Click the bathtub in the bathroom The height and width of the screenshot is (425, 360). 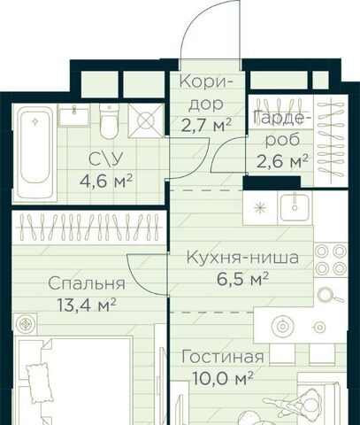click(x=34, y=154)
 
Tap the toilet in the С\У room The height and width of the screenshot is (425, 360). click(x=109, y=121)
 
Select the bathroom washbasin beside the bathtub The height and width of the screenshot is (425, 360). click(x=74, y=115)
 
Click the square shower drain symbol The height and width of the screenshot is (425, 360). click(x=146, y=120)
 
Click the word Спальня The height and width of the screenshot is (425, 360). click(x=87, y=283)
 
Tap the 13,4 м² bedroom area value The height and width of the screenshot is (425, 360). click(x=87, y=305)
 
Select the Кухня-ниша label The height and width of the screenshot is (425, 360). click(x=242, y=258)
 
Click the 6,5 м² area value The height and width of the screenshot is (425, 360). click(x=242, y=279)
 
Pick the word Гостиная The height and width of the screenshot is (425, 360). click(x=223, y=357)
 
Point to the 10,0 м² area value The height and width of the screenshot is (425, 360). click(x=223, y=377)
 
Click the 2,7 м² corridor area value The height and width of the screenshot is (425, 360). click(x=206, y=125)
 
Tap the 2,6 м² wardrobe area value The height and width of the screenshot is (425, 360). click(x=282, y=161)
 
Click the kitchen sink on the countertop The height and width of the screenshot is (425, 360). click(x=295, y=208)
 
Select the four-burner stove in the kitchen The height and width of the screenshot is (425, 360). click(x=331, y=259)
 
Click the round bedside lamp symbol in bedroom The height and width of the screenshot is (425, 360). click(x=25, y=324)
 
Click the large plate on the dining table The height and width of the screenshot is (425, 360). click(x=282, y=327)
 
